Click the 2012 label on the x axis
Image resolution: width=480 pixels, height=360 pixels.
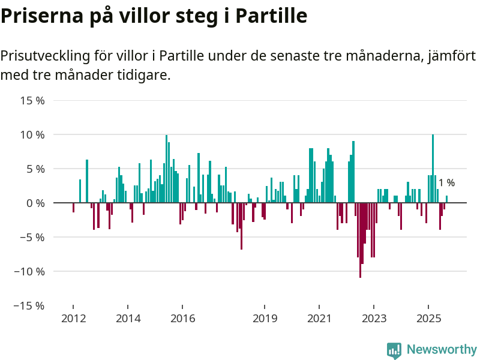tap(73, 318)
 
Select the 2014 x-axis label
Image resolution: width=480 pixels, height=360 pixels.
tap(128, 318)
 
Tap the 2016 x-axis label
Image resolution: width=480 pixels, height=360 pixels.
tap(183, 318)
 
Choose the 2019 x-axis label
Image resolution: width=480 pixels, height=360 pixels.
tap(265, 318)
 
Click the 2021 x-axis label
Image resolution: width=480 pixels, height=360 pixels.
tap(320, 318)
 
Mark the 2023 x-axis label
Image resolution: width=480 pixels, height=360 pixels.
tap(374, 318)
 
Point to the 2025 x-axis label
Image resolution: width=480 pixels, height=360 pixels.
tap(428, 318)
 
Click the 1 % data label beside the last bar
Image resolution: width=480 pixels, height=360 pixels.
tap(446, 183)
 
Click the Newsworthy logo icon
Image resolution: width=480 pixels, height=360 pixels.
tap(394, 350)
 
